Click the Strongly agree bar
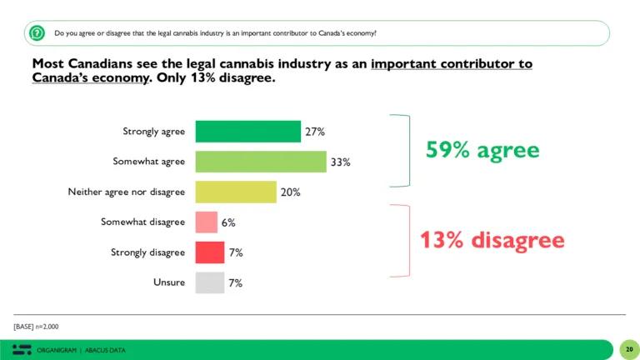[x=247, y=132]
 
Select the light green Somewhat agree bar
[x=261, y=162]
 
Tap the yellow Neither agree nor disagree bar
[x=236, y=192]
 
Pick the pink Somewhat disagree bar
[x=206, y=222]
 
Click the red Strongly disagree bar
[x=209, y=252]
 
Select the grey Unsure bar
[x=209, y=282]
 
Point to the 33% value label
[x=340, y=162]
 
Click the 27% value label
[x=314, y=132]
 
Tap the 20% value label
[x=290, y=192]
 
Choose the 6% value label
[x=227, y=222]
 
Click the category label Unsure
[x=169, y=282]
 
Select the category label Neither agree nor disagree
[x=126, y=192]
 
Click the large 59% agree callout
[x=482, y=150]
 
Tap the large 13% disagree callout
[x=491, y=241]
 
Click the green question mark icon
[x=37, y=33]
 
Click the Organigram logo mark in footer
[x=22, y=349]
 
